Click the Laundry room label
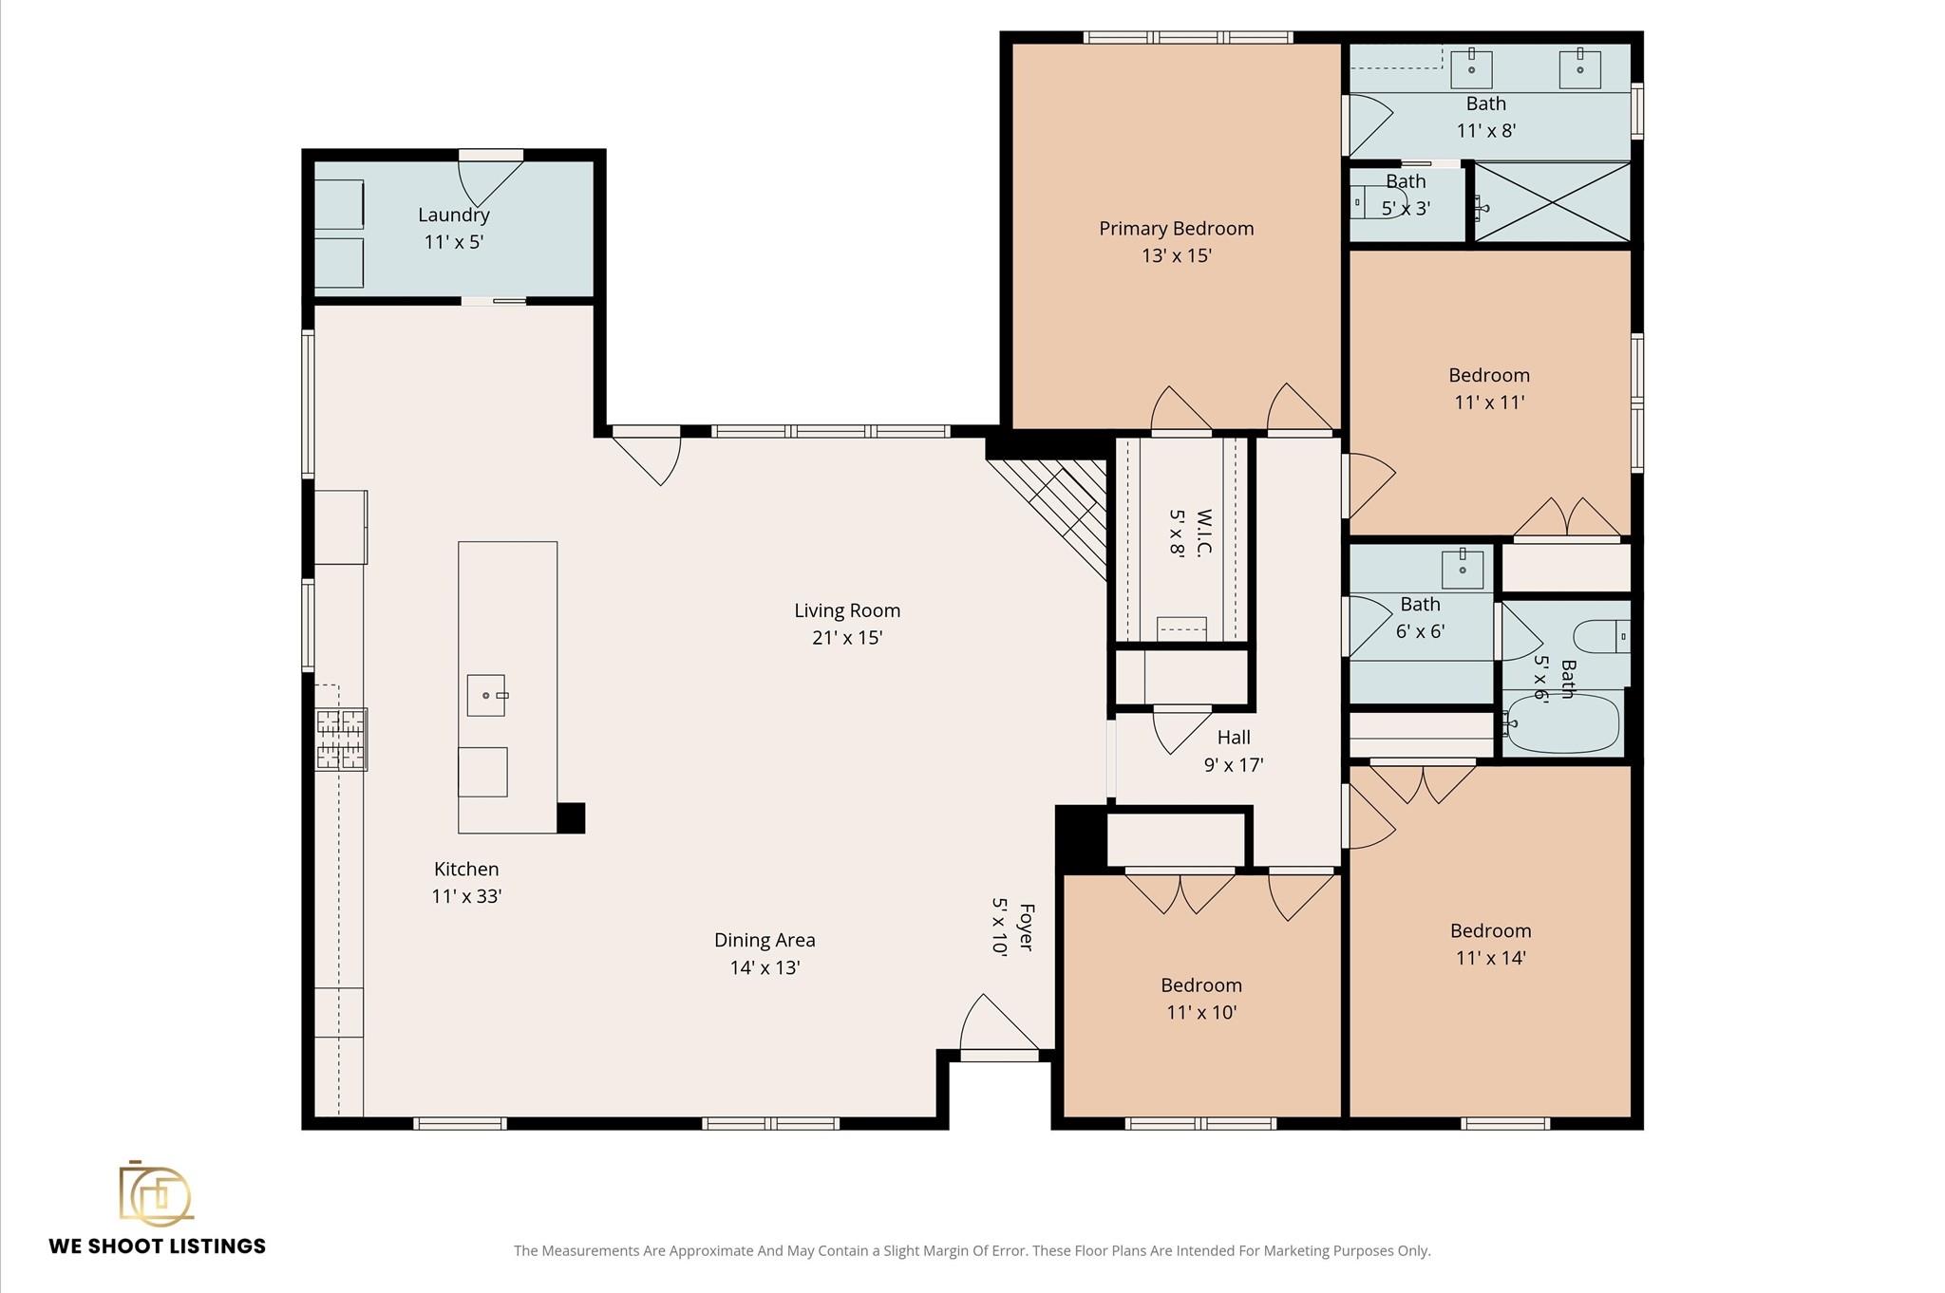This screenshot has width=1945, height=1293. pyautogui.click(x=453, y=215)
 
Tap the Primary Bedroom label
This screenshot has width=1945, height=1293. pyautogui.click(x=1176, y=229)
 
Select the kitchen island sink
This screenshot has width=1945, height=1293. pyautogui.click(x=486, y=696)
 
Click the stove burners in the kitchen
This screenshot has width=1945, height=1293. pyautogui.click(x=341, y=739)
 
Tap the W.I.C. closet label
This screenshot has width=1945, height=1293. pyautogui.click(x=1203, y=534)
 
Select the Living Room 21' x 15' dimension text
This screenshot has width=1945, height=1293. pyautogui.click(x=847, y=638)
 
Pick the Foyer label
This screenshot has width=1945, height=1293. pyautogui.click(x=1026, y=927)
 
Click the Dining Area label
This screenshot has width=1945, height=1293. pyautogui.click(x=765, y=941)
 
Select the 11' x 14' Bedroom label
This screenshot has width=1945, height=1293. pyautogui.click(x=1490, y=931)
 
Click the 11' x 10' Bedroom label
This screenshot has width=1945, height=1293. pyautogui.click(x=1200, y=985)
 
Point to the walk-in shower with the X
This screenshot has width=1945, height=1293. pyautogui.click(x=1552, y=202)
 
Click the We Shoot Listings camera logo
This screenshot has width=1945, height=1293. pyautogui.click(x=156, y=1193)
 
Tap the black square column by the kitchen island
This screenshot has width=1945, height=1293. pyautogui.click(x=570, y=817)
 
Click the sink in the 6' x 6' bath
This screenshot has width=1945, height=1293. pyautogui.click(x=1462, y=569)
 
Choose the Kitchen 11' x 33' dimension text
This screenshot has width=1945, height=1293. pyautogui.click(x=465, y=896)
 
